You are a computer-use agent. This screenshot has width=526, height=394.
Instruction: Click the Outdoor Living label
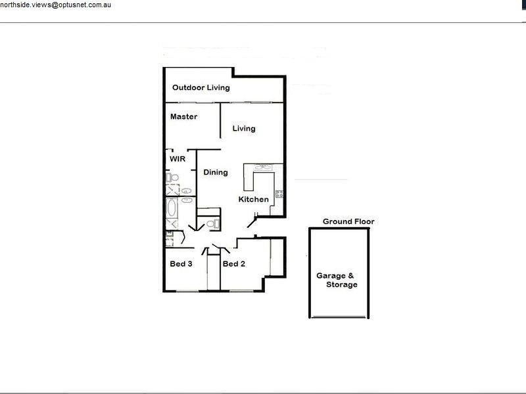point(201,88)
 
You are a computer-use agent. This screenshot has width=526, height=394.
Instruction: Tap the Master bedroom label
point(183,117)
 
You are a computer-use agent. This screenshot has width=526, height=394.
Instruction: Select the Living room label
point(243,129)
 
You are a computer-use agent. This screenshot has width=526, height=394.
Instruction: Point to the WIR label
point(178,160)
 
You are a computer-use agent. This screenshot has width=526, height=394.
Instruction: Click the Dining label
point(215,173)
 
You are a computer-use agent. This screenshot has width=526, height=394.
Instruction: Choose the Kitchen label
point(253,200)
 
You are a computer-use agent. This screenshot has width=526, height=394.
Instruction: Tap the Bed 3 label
point(181,264)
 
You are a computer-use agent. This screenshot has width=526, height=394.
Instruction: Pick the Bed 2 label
point(233,264)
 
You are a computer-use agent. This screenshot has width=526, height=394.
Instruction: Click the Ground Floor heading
point(348,222)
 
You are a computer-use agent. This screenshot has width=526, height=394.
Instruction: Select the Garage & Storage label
point(337,280)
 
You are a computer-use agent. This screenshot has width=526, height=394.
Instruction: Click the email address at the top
point(60,5)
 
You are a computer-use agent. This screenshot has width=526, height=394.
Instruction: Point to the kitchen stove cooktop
point(279,193)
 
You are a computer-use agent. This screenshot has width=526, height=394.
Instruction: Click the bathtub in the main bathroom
point(172,211)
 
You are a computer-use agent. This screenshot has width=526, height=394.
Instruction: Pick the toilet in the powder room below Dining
point(210,225)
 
